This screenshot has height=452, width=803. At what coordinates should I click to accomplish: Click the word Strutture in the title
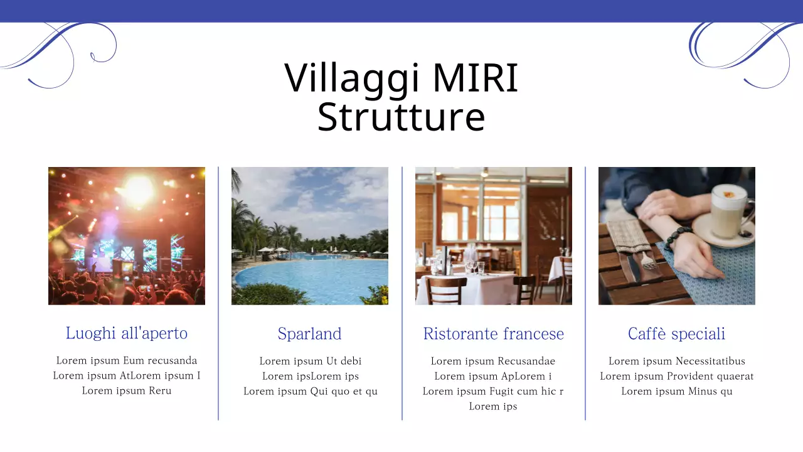(x=401, y=117)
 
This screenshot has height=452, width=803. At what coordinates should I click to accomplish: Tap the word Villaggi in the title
(x=352, y=78)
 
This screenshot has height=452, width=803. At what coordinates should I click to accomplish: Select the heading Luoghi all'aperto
(x=127, y=333)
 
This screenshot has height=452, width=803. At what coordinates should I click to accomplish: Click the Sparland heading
(x=309, y=333)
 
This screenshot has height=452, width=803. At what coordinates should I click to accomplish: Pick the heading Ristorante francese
(x=493, y=333)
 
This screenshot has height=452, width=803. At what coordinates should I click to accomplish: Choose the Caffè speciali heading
(x=676, y=333)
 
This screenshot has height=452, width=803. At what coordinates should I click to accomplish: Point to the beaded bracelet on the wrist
(x=678, y=238)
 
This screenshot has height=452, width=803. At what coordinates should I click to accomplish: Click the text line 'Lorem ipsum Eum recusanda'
(x=127, y=360)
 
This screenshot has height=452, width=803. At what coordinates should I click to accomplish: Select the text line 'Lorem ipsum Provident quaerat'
(x=676, y=376)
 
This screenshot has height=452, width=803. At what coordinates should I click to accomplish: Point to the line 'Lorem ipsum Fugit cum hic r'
(x=493, y=391)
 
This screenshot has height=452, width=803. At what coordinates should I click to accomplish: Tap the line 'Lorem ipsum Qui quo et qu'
(x=310, y=391)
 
